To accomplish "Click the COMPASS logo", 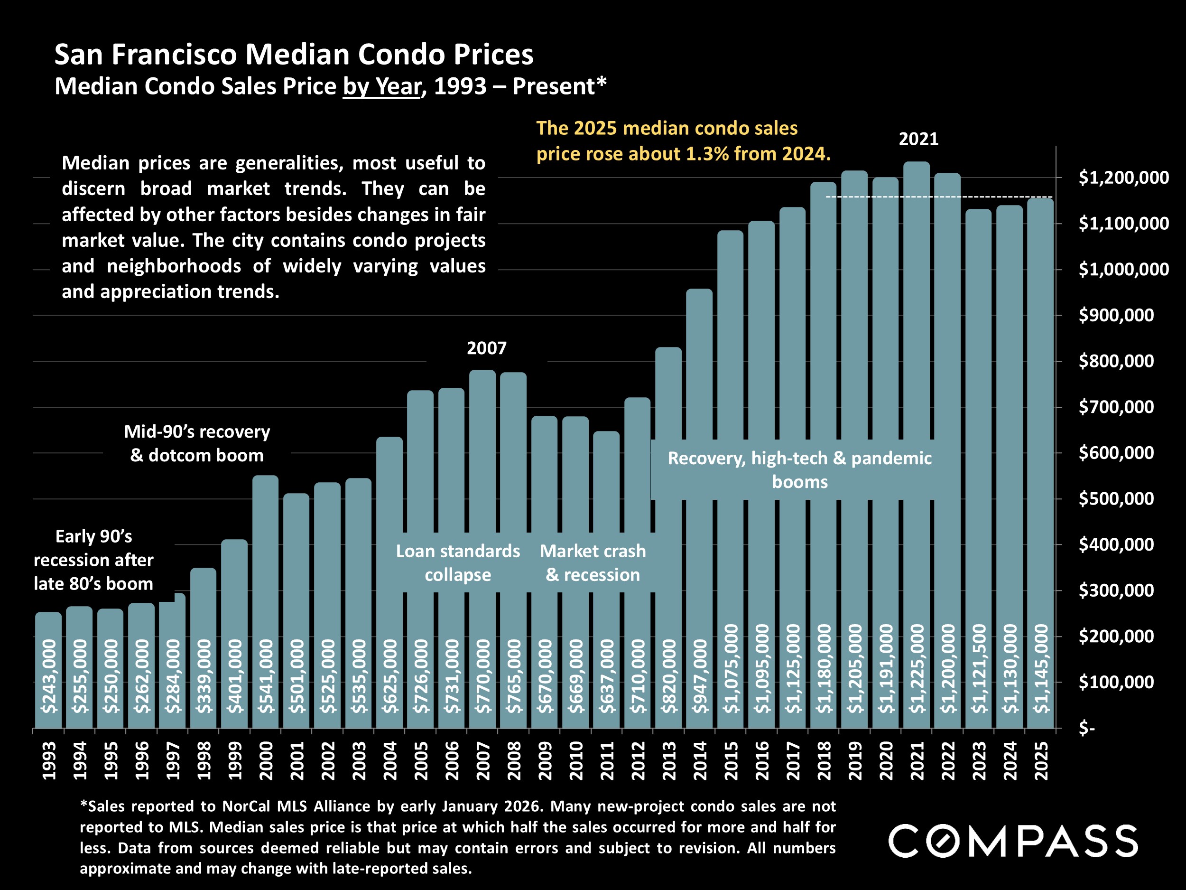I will point(1013,841).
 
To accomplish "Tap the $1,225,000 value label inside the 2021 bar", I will point(917,668).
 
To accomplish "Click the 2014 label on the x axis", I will point(700,761).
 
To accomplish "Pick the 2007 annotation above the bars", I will point(486,348).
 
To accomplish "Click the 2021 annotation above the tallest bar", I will point(918,139).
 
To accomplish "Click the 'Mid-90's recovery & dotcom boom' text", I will point(197,443).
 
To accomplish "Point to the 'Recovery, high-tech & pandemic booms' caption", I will point(799,469).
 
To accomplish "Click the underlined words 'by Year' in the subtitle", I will point(382,86).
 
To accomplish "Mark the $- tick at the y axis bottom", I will point(1086,728).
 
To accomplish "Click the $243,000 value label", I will point(49,676).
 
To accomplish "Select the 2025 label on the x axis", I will point(1041,761).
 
